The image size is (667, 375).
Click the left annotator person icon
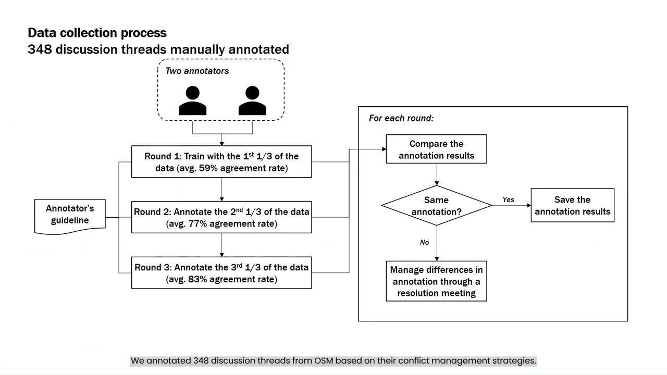pos(192,101)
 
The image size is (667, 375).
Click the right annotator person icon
pos(252,101)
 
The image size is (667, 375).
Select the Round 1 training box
pos(221,162)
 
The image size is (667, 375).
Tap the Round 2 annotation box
pos(221,217)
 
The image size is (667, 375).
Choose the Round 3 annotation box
pos(221,273)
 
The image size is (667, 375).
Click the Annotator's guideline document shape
pos(70,215)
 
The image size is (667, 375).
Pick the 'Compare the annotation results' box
pos(436,149)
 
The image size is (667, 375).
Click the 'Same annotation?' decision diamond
pos(436,206)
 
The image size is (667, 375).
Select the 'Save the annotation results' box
pos(572,206)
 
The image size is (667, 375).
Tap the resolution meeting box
pos(436,281)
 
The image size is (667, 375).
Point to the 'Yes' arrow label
pos(508,199)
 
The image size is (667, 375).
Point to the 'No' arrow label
pos(424,242)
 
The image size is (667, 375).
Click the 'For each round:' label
pos(401,118)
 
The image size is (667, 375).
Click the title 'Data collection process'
pos(97,33)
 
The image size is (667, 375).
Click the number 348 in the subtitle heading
pos(39,49)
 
